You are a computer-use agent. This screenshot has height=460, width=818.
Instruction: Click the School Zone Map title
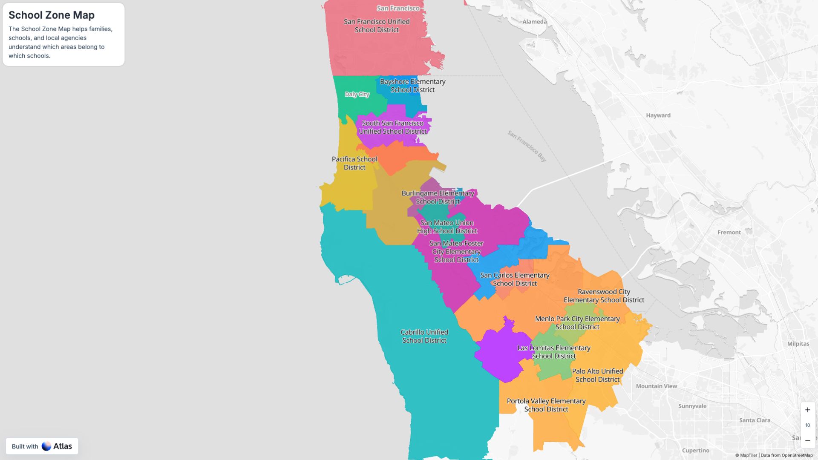tap(52, 15)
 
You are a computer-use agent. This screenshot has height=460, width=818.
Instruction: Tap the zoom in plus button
tap(807, 410)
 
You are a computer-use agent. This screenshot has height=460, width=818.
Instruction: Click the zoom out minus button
tap(807, 440)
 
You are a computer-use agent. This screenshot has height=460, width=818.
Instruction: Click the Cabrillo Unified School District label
tap(424, 336)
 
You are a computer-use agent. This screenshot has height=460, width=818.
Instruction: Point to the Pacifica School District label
tap(354, 163)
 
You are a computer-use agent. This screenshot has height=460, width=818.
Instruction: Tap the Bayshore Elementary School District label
tap(412, 86)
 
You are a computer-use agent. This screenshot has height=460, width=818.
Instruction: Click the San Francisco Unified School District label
tap(377, 26)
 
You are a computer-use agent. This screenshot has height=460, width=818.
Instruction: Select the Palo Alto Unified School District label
tap(597, 375)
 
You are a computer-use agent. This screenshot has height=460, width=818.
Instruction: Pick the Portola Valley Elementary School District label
tap(546, 405)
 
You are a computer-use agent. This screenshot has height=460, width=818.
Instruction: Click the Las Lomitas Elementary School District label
tap(554, 352)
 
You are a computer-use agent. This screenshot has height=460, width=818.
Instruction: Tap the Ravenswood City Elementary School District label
tap(604, 296)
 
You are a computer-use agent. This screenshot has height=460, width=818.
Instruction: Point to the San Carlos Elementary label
tap(515, 279)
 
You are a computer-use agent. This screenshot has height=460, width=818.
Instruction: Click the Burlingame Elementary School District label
tap(438, 197)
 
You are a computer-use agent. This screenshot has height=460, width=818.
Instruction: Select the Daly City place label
tap(357, 95)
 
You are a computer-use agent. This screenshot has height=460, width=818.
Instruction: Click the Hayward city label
tap(658, 115)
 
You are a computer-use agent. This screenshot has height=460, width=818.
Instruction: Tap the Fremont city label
tap(729, 233)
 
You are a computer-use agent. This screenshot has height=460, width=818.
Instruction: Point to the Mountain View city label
tap(656, 386)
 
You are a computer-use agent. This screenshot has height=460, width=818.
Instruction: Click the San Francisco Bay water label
tap(527, 146)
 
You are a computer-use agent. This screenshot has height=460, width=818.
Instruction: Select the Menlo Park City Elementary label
tap(577, 323)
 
